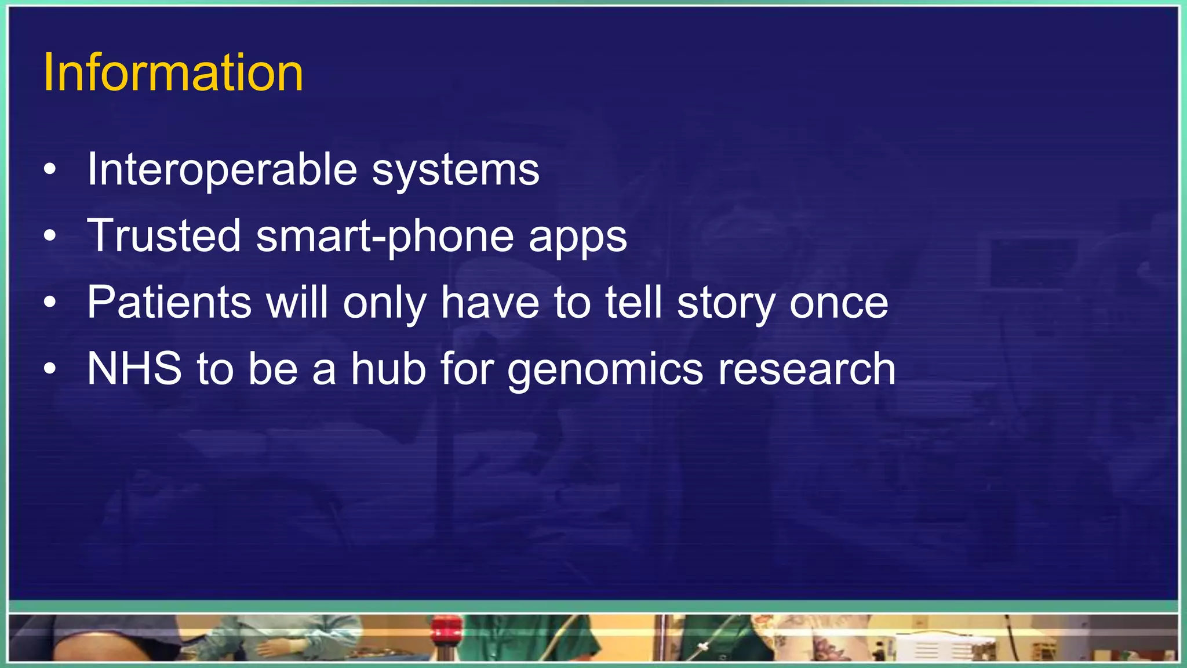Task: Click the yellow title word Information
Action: click(x=173, y=72)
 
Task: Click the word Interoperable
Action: click(x=222, y=169)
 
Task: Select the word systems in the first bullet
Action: click(x=455, y=169)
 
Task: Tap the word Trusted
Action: click(x=164, y=235)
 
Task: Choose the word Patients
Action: click(x=169, y=302)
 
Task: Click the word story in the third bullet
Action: click(x=726, y=303)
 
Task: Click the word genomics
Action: click(x=605, y=370)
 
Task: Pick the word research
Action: click(x=807, y=369)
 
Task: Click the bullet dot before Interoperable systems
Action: click(x=50, y=170)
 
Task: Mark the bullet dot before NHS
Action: click(x=50, y=369)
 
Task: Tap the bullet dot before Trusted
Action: click(x=50, y=236)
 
